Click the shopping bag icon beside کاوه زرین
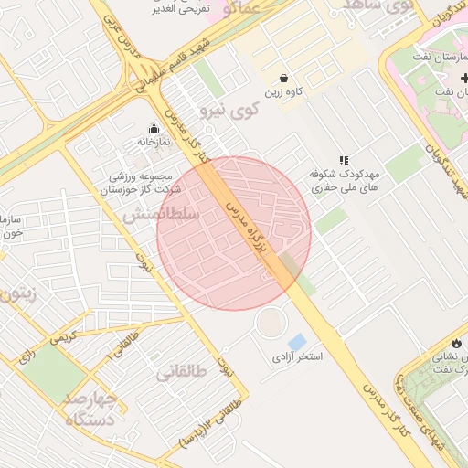284,79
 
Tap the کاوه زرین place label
284,93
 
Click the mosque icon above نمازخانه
153,128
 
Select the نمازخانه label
154,142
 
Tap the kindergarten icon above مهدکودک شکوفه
344,160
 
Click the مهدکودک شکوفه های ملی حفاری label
346,179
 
